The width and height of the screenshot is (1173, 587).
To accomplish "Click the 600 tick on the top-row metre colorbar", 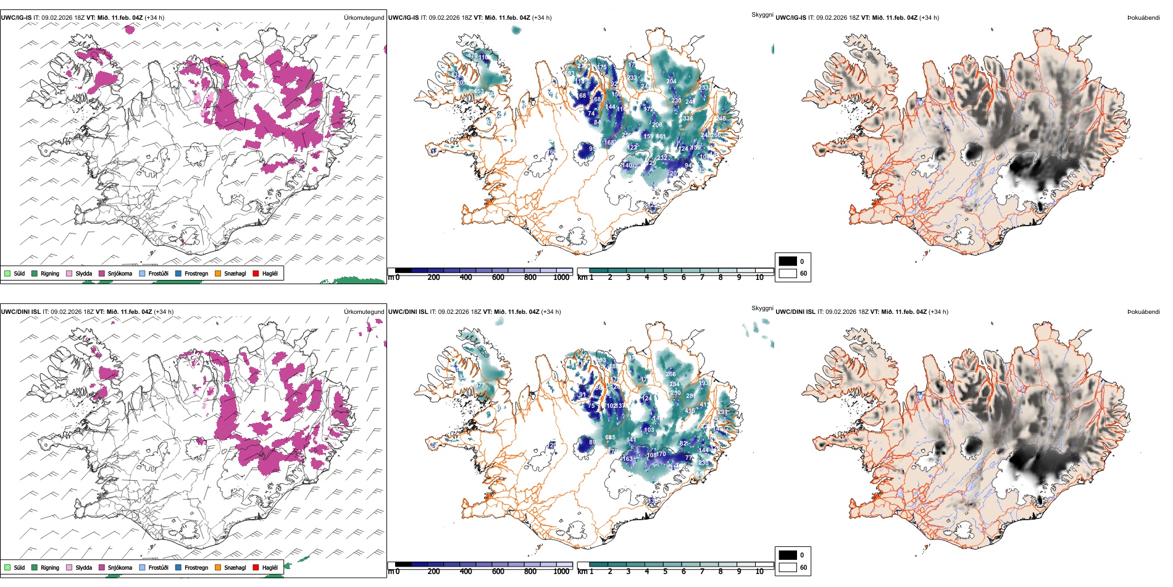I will [x=498, y=277].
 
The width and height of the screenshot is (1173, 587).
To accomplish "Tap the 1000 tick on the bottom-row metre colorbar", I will [x=561, y=572].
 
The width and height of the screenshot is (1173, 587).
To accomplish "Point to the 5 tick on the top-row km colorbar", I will [x=665, y=277].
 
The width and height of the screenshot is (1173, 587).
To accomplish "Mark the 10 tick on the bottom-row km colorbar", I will [x=759, y=572].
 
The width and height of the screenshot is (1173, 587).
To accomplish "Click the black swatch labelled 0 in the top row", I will [x=788, y=261].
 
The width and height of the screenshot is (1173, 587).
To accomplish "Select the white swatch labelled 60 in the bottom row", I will [x=788, y=567].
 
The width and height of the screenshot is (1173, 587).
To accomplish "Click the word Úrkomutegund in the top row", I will [x=364, y=17].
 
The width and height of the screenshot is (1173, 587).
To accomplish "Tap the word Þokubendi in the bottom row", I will [x=1143, y=311].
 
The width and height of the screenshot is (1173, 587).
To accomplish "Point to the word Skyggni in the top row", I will [x=762, y=14].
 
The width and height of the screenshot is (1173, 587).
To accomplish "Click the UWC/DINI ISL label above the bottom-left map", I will [x=20, y=311].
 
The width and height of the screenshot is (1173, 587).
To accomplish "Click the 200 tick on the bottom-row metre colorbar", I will [x=434, y=572].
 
